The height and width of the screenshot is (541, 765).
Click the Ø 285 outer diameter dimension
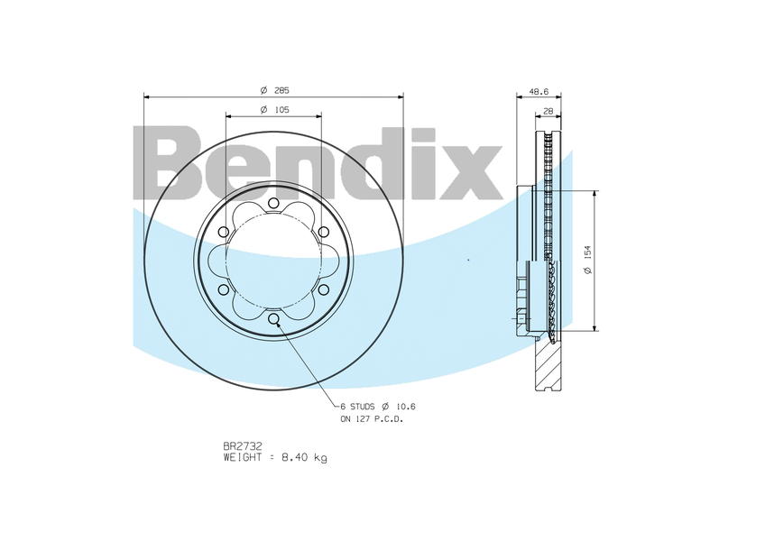274,91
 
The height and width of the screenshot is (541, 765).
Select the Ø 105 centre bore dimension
274,110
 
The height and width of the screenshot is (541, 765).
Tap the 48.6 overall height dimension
539,91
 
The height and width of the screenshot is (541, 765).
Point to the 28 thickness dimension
548,111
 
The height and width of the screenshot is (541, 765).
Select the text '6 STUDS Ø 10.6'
377,408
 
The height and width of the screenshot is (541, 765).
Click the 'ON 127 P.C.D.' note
372,419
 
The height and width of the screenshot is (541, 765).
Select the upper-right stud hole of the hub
323,233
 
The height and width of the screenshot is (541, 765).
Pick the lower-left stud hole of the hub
224,289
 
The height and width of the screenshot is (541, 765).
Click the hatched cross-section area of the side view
547,365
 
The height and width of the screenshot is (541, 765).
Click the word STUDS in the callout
364,408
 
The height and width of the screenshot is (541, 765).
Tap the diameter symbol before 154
587,273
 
